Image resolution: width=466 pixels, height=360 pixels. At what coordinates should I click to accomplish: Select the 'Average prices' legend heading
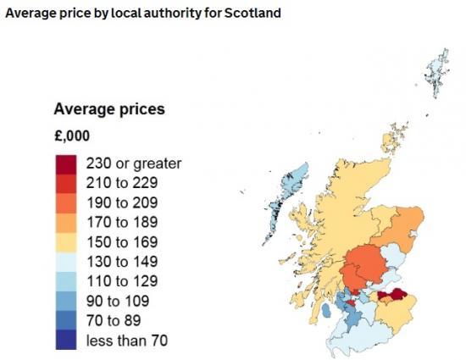point(108,109)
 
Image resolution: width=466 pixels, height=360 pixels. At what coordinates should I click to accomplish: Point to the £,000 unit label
point(71,136)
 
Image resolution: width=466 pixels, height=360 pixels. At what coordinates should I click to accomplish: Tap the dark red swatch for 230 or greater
point(67,163)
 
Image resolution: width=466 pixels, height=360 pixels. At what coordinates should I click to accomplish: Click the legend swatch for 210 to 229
point(67,181)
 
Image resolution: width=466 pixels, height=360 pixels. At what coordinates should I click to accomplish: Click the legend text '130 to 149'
point(117,260)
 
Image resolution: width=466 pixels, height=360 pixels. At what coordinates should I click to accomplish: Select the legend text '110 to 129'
point(117,279)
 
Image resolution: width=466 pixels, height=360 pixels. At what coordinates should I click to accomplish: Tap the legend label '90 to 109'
point(114,300)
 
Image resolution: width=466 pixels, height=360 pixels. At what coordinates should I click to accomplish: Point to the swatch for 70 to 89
point(67,320)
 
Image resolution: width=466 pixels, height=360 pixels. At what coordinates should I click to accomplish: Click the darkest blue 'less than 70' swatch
point(67,340)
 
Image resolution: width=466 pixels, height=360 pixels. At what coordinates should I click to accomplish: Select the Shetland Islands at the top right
point(437,69)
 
